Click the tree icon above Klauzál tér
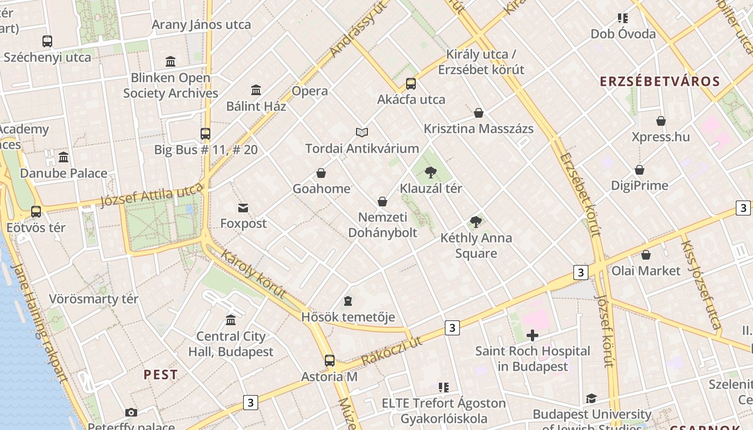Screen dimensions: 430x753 pyautogui.click(x=430, y=173)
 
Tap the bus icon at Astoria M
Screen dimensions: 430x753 pyautogui.click(x=329, y=361)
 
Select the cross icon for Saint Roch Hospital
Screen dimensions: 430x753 pyautogui.click(x=532, y=336)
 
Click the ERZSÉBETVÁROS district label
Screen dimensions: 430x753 pyautogui.click(x=659, y=82)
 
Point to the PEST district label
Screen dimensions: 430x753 pyautogui.click(x=160, y=375)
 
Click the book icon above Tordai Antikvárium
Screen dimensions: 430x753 pyautogui.click(x=362, y=132)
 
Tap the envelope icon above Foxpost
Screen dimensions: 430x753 pyautogui.click(x=243, y=207)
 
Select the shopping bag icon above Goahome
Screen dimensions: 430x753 pyautogui.click(x=321, y=173)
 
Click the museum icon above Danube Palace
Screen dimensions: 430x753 pyautogui.click(x=63, y=157)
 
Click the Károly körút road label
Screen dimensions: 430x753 pyautogui.click(x=253, y=274)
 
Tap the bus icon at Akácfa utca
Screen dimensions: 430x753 pyautogui.click(x=411, y=84)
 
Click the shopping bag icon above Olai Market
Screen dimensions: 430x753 pyautogui.click(x=646, y=255)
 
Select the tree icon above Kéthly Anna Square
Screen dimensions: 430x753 pyautogui.click(x=476, y=222)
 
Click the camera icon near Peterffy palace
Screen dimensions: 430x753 pyautogui.click(x=131, y=412)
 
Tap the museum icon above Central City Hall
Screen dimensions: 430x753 pyautogui.click(x=231, y=320)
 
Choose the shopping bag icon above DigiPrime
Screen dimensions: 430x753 pyautogui.click(x=640, y=170)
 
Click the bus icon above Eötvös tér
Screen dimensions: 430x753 pyautogui.click(x=36, y=212)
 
